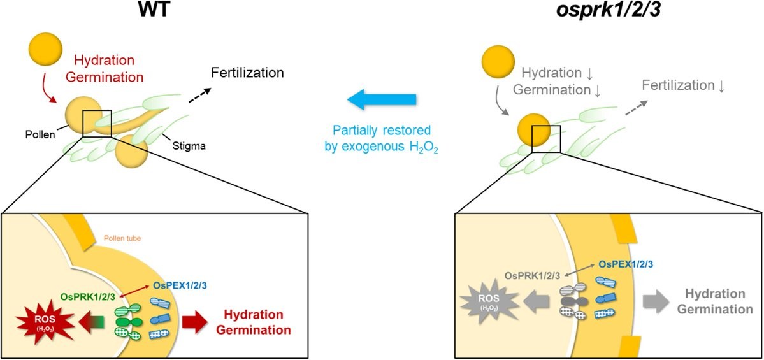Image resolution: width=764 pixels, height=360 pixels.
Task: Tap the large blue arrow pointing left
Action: pyautogui.click(x=382, y=99)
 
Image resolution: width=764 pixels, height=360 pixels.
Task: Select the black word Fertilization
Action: pyautogui.click(x=247, y=73)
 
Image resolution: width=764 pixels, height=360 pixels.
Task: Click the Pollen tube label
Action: pyautogui.click(x=121, y=239)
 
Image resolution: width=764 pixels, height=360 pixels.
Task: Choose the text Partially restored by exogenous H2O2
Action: pyautogui.click(x=382, y=139)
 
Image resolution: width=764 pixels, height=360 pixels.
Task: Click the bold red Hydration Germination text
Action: pyautogui.click(x=254, y=322)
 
